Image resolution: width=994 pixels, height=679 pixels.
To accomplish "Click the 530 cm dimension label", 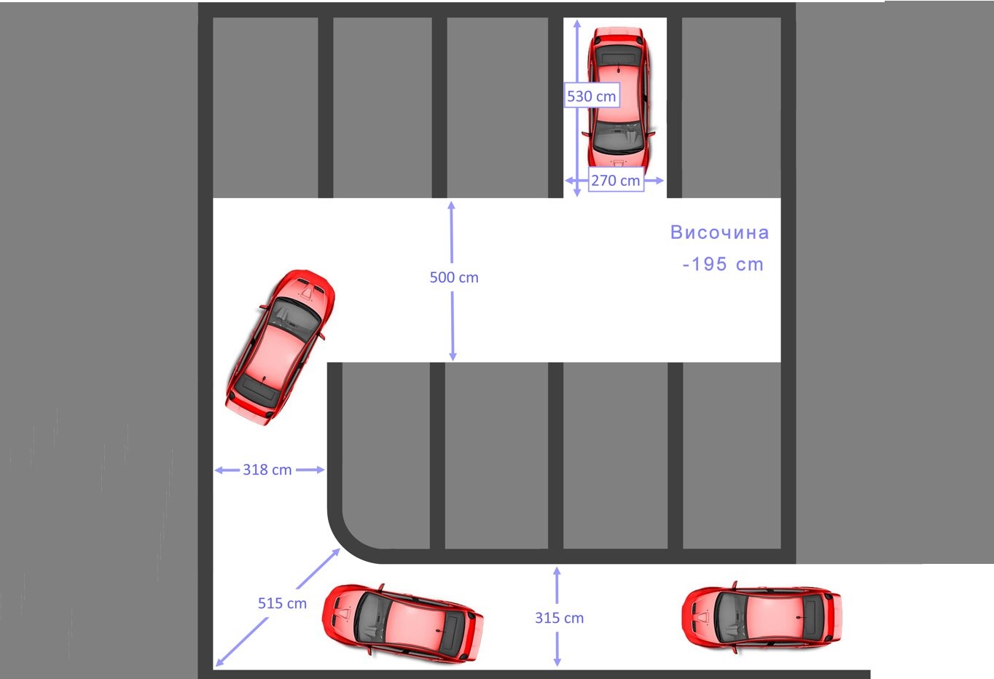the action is [x=592, y=95].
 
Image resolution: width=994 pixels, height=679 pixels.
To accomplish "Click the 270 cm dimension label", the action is [x=616, y=180].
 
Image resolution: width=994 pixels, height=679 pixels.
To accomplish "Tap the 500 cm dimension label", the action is [x=454, y=277].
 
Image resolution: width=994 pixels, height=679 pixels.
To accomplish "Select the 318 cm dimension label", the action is [x=267, y=470].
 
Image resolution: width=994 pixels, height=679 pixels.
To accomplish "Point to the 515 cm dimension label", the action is [x=282, y=603].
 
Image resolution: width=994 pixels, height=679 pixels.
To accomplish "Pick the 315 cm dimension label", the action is [x=559, y=618].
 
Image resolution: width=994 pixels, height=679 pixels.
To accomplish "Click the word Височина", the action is [x=719, y=232].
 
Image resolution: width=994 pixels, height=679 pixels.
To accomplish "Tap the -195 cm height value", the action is [x=723, y=264].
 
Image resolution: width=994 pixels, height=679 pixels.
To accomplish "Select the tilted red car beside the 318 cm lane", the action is [x=280, y=348].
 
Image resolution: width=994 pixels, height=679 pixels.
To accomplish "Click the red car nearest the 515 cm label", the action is [x=402, y=623].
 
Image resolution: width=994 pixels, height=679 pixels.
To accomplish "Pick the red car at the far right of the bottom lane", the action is [x=762, y=617].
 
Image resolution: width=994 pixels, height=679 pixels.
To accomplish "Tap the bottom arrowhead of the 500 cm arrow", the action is [x=453, y=356].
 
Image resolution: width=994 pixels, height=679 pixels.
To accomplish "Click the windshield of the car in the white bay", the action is [x=618, y=136].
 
